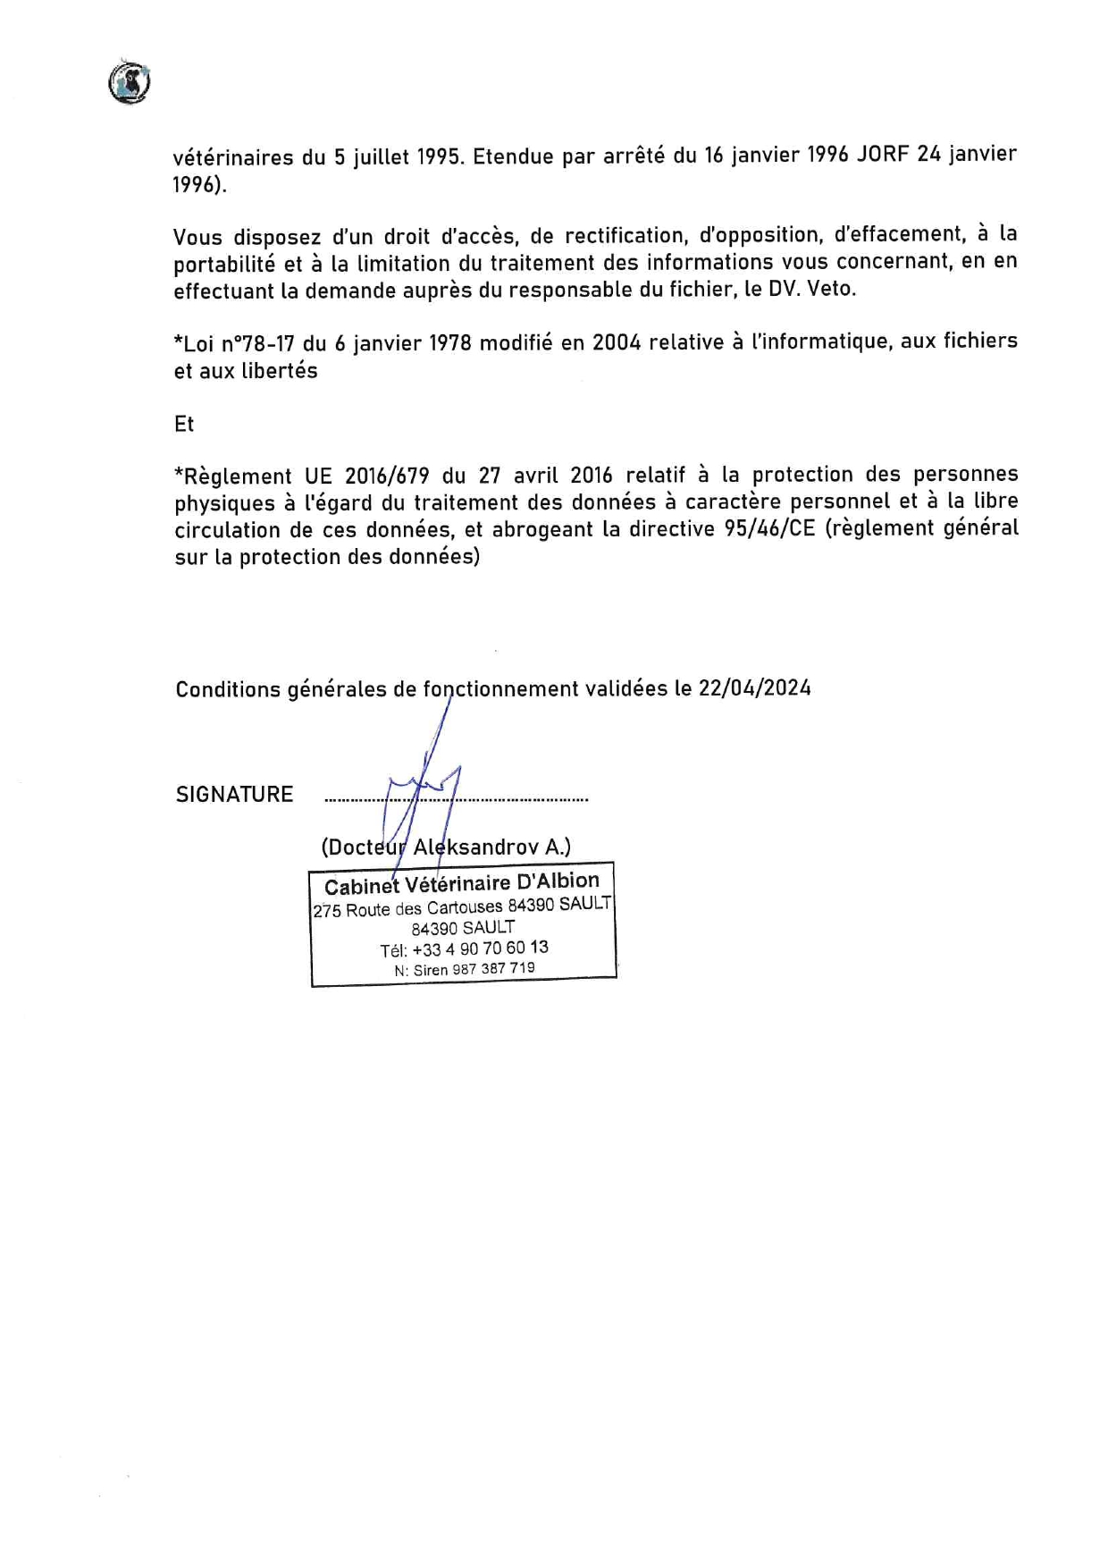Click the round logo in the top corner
pos(130,83)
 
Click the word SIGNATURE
pos(234,795)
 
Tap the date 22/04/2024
pos(754,687)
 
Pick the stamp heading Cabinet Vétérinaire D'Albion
pos(461,883)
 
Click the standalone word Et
pos(184,424)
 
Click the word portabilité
pos(223,264)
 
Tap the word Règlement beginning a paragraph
pos(233,476)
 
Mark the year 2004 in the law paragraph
pos(617,342)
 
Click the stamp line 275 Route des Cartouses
pos(407,908)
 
